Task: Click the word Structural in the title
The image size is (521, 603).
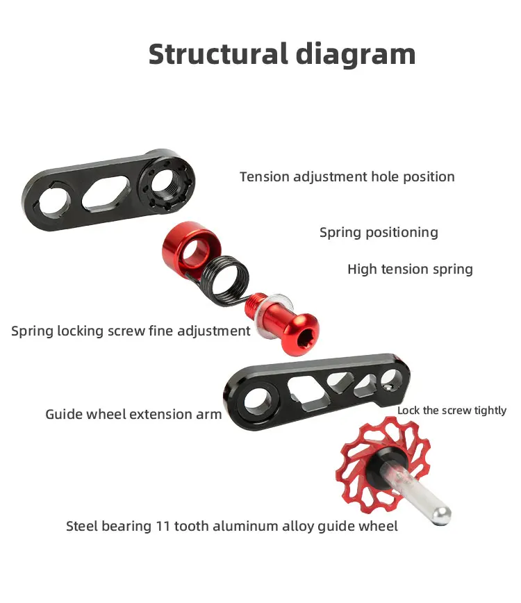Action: (x=218, y=54)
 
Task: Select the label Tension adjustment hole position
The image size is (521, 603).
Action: (x=347, y=177)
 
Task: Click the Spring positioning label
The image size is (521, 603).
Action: (x=379, y=233)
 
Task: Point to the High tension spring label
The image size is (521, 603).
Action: (x=410, y=270)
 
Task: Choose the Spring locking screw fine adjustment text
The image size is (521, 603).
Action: (x=131, y=331)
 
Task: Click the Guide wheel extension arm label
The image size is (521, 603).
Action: (x=133, y=414)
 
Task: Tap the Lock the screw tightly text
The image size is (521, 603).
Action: (x=452, y=411)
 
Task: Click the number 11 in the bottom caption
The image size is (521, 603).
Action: (x=163, y=526)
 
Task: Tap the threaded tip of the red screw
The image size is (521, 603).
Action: (x=254, y=304)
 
